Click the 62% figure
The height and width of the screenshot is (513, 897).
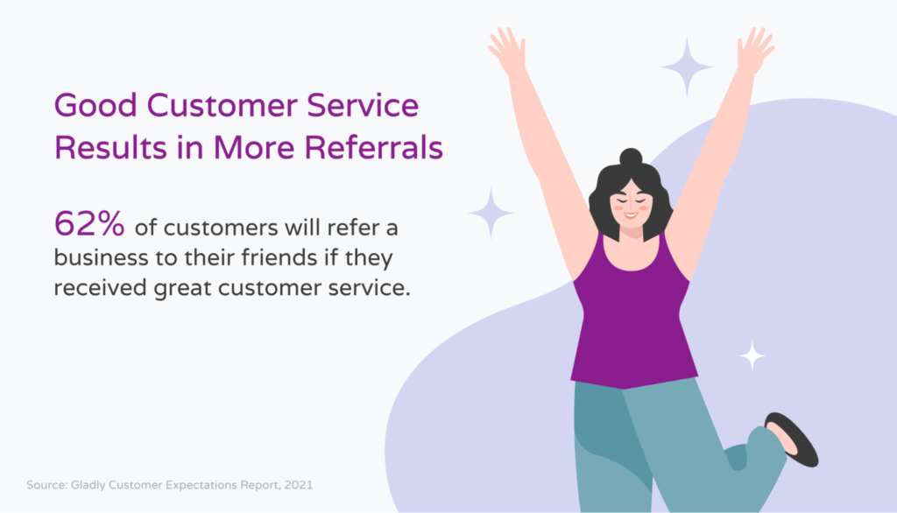tap(89, 224)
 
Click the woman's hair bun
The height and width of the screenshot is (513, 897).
tap(631, 158)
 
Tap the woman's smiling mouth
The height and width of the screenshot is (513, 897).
tap(631, 214)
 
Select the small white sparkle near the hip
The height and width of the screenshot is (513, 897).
tap(752, 355)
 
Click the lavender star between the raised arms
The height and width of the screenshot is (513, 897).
tap(687, 66)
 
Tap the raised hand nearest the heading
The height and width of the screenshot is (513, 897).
tap(506, 51)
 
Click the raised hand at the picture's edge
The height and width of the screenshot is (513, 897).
tap(755, 51)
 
